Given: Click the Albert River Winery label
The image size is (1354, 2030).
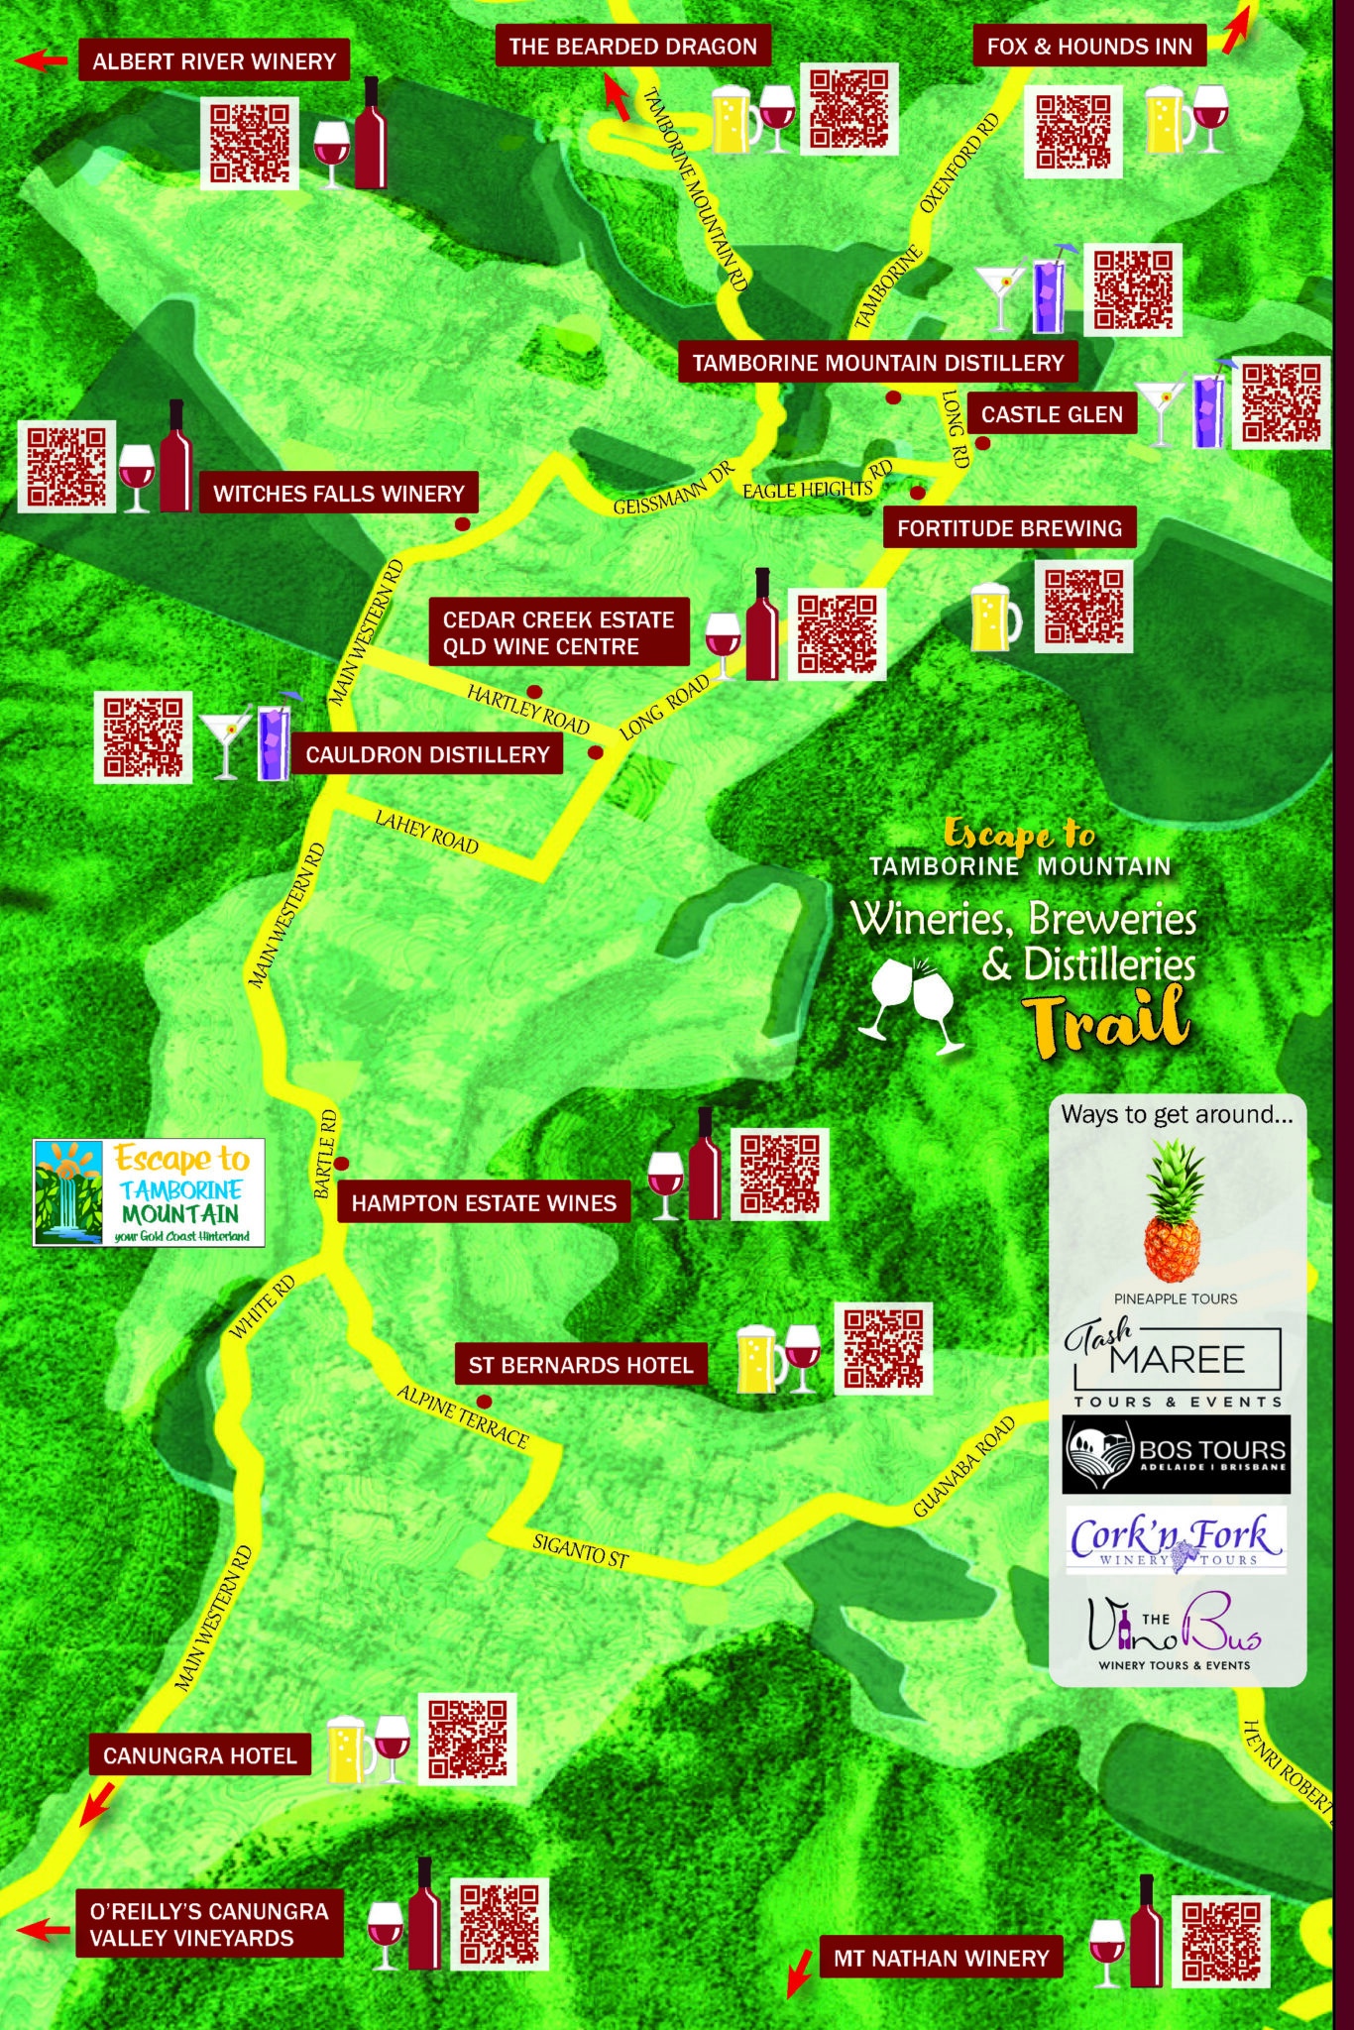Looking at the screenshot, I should tap(213, 61).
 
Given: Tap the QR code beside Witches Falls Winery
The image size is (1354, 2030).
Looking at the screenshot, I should tap(66, 466).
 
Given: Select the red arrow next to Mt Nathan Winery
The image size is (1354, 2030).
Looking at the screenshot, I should tap(799, 1973).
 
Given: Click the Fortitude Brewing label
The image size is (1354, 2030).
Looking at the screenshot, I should tap(1009, 528).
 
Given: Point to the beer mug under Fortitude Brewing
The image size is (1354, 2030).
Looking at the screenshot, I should tap(994, 618).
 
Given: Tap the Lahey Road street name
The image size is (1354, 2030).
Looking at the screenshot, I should tap(427, 832).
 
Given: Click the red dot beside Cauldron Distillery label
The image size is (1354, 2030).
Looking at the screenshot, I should tap(596, 753).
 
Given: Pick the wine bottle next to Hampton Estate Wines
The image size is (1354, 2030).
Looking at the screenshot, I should tap(705, 1165).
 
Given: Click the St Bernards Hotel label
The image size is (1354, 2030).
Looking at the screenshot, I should tap(581, 1365).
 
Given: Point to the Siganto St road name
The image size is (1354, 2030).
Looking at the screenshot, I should tap(581, 1551).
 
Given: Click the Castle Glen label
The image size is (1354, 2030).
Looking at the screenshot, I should tap(1052, 414).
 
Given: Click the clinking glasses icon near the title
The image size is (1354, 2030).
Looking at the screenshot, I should tap(911, 1001).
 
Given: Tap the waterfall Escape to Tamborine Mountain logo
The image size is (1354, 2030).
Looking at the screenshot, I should tap(149, 1192).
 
